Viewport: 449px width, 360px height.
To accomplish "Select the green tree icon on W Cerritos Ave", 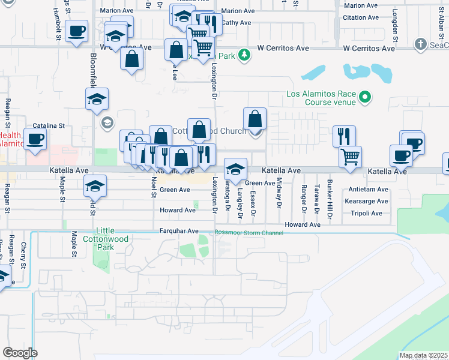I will pyautogui.click(x=244, y=56).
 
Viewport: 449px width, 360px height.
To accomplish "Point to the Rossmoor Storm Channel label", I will pyautogui.click(x=249, y=233).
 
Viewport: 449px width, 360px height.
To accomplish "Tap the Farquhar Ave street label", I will pyautogui.click(x=178, y=231).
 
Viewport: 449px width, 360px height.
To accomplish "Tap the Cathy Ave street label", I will pyautogui.click(x=237, y=23).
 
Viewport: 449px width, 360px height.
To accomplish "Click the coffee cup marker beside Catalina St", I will pyautogui.click(x=35, y=139).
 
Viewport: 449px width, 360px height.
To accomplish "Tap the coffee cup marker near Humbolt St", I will pyautogui.click(x=76, y=31).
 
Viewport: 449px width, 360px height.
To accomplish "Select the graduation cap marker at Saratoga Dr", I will pyautogui.click(x=235, y=169).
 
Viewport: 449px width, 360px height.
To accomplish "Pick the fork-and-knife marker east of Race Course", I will pyautogui.click(x=344, y=136).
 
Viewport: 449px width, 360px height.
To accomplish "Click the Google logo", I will pyautogui.click(x=20, y=353).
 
